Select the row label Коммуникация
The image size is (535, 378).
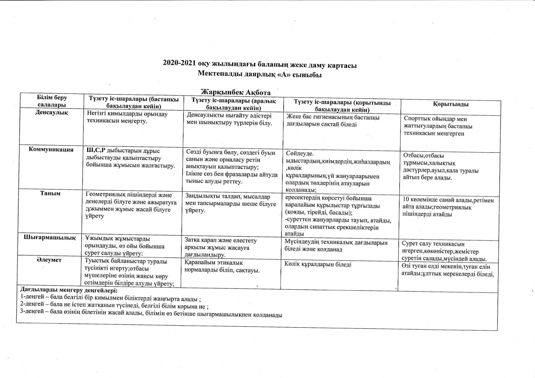coord(51,150)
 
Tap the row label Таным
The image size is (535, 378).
coord(50,193)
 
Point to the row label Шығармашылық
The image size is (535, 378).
coord(50,238)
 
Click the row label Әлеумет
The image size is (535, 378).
coord(49,260)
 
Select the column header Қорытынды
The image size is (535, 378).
coord(451,104)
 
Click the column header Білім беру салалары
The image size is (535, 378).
coord(52,101)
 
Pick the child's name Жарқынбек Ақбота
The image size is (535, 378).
coord(236,92)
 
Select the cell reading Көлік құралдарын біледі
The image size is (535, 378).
coord(318,264)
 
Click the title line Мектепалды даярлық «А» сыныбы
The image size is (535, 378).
coord(259,75)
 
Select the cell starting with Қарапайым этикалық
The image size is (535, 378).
coord(222,267)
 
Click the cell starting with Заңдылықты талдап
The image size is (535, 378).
coord(230,203)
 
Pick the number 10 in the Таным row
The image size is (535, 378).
coord(405,200)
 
